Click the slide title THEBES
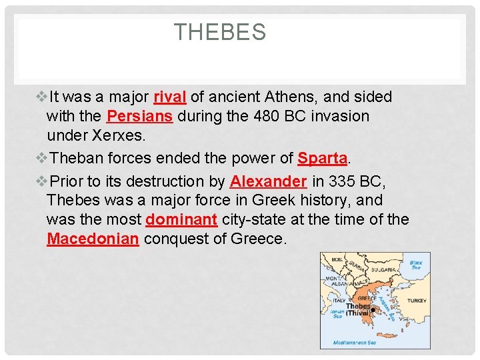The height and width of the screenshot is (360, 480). click(x=220, y=32)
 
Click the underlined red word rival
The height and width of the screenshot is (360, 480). click(x=169, y=97)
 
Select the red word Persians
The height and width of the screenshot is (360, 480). click(x=139, y=116)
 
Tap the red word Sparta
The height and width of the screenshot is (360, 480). click(x=322, y=159)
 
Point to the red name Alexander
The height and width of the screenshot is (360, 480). click(x=268, y=181)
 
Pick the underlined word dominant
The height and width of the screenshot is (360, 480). click(x=181, y=219)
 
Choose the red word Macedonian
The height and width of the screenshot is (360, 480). click(x=93, y=239)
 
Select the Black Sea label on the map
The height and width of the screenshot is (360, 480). click(x=417, y=265)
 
